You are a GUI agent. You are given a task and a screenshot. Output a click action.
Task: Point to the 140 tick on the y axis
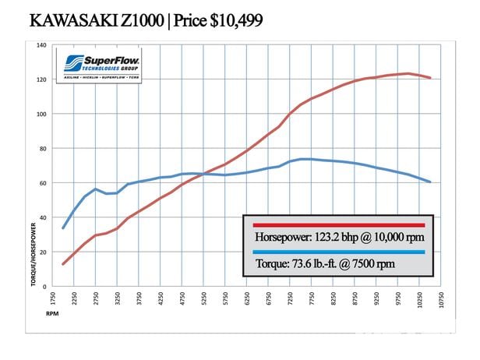(43, 45)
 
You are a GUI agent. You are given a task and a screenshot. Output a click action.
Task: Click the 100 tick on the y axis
(43, 114)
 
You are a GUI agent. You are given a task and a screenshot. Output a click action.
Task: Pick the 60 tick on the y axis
(44, 183)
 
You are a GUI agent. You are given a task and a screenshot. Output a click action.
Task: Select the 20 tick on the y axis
(44, 252)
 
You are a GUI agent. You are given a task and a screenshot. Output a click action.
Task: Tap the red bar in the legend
(335, 225)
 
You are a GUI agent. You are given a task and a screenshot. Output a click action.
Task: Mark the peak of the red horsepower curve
(407, 74)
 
